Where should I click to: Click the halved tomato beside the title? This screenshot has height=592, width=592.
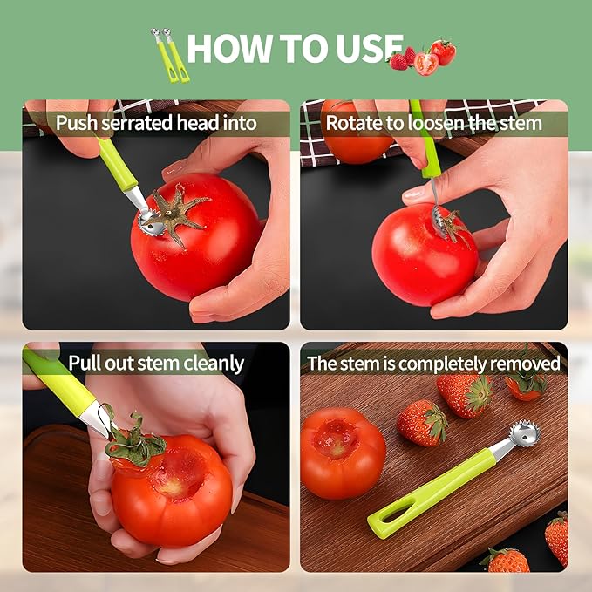[x=426, y=64]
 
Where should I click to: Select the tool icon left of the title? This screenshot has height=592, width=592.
[x=171, y=56]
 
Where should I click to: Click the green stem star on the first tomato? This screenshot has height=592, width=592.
[x=180, y=212]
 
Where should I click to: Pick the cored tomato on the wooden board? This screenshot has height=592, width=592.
[x=341, y=451]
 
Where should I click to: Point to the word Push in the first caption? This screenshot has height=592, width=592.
[x=76, y=123]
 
